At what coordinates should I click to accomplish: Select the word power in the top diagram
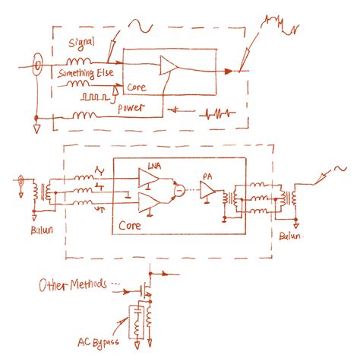(132, 107)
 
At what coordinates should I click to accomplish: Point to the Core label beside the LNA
(132, 227)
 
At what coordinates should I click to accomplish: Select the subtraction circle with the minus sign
(179, 186)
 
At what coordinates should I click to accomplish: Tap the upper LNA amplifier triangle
(147, 178)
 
